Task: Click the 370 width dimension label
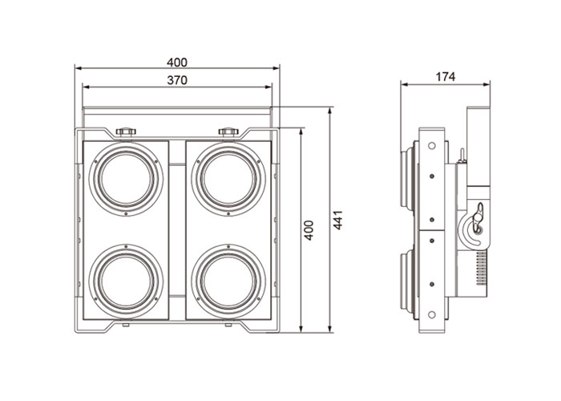click(x=178, y=79)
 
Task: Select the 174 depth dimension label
click(x=446, y=76)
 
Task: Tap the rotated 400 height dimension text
click(x=309, y=229)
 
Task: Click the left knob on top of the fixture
click(x=125, y=130)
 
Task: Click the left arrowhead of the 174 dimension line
click(x=404, y=84)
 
